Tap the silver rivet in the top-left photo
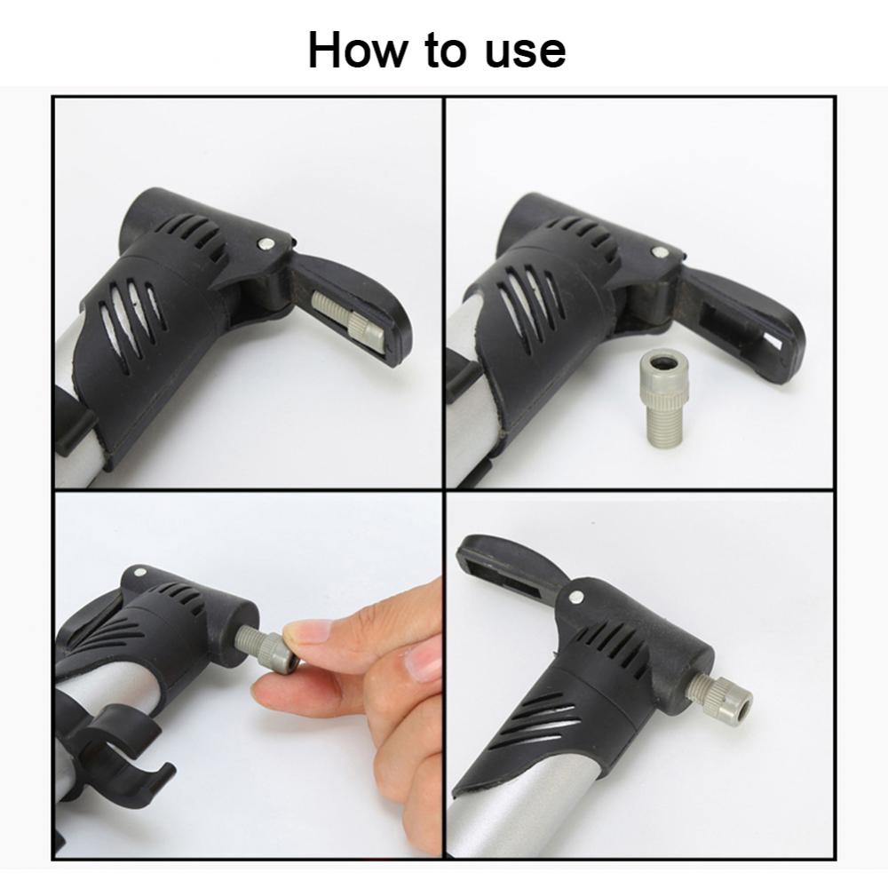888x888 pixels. pyautogui.click(x=265, y=244)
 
